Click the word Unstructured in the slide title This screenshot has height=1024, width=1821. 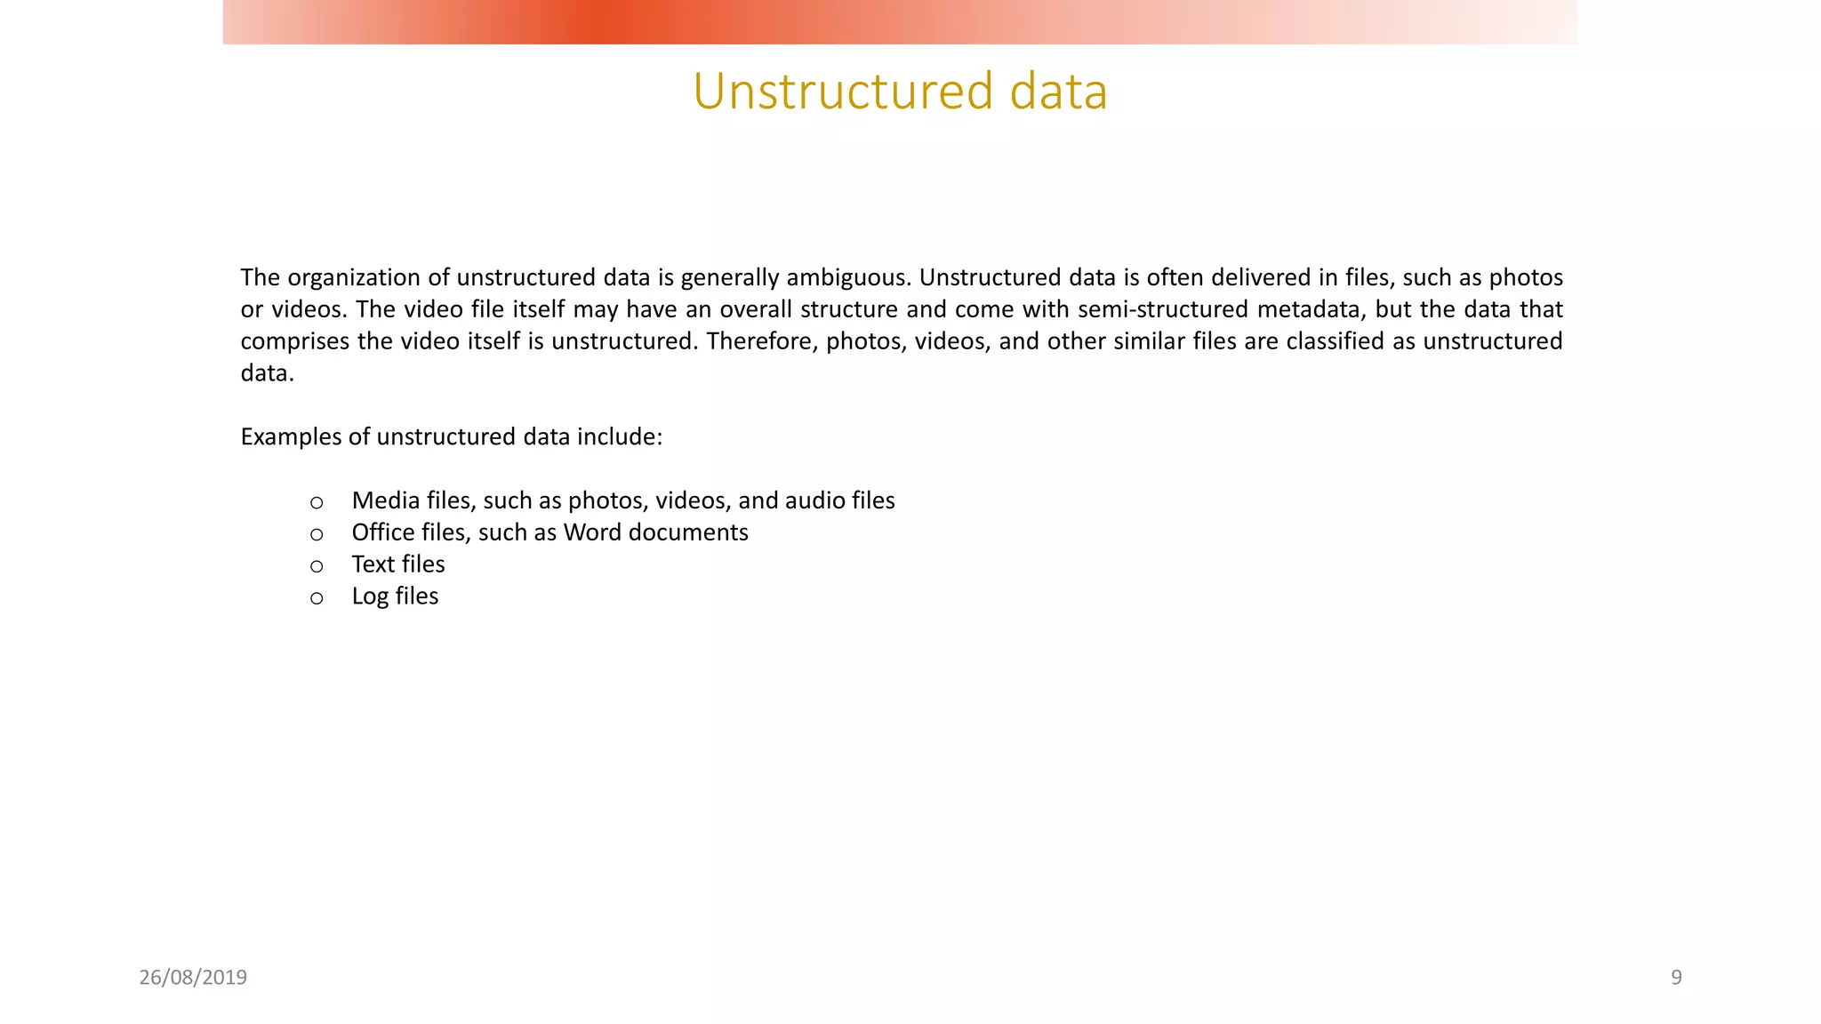(x=843, y=92)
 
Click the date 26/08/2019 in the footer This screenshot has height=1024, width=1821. (x=193, y=977)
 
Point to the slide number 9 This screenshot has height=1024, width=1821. (x=1676, y=977)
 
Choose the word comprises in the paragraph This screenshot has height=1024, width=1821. (x=295, y=341)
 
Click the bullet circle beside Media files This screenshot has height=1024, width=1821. (x=317, y=502)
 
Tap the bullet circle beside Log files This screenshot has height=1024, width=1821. (x=317, y=598)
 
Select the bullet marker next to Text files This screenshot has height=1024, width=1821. (x=317, y=566)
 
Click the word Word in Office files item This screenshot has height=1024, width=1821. (x=592, y=532)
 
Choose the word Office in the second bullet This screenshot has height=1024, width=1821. (x=385, y=532)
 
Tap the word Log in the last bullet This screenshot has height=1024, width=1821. (x=370, y=596)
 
